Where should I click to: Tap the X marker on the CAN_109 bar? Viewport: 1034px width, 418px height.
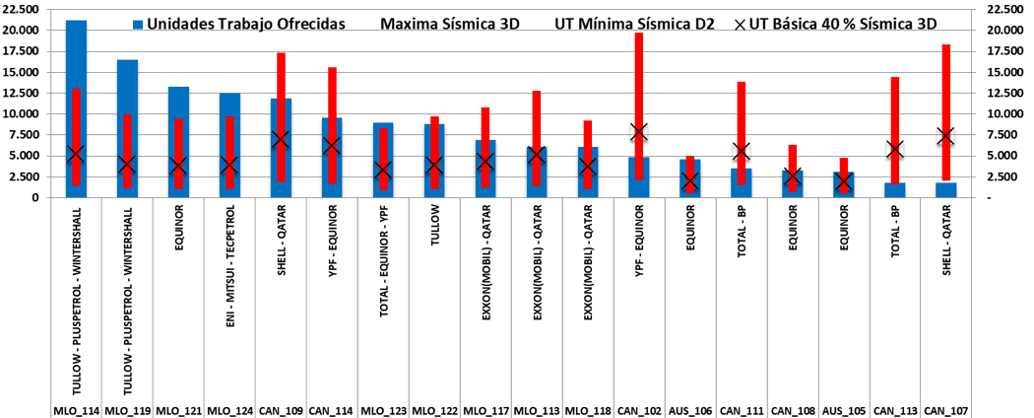click(281, 140)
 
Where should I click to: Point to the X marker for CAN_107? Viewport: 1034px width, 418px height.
click(945, 136)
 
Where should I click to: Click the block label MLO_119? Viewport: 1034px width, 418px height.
click(127, 409)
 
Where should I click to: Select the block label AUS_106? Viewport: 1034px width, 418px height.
click(689, 409)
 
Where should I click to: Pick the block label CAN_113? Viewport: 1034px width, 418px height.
click(894, 409)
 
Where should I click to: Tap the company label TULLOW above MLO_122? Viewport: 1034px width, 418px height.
click(433, 237)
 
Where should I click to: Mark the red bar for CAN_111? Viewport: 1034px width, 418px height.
click(741, 108)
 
